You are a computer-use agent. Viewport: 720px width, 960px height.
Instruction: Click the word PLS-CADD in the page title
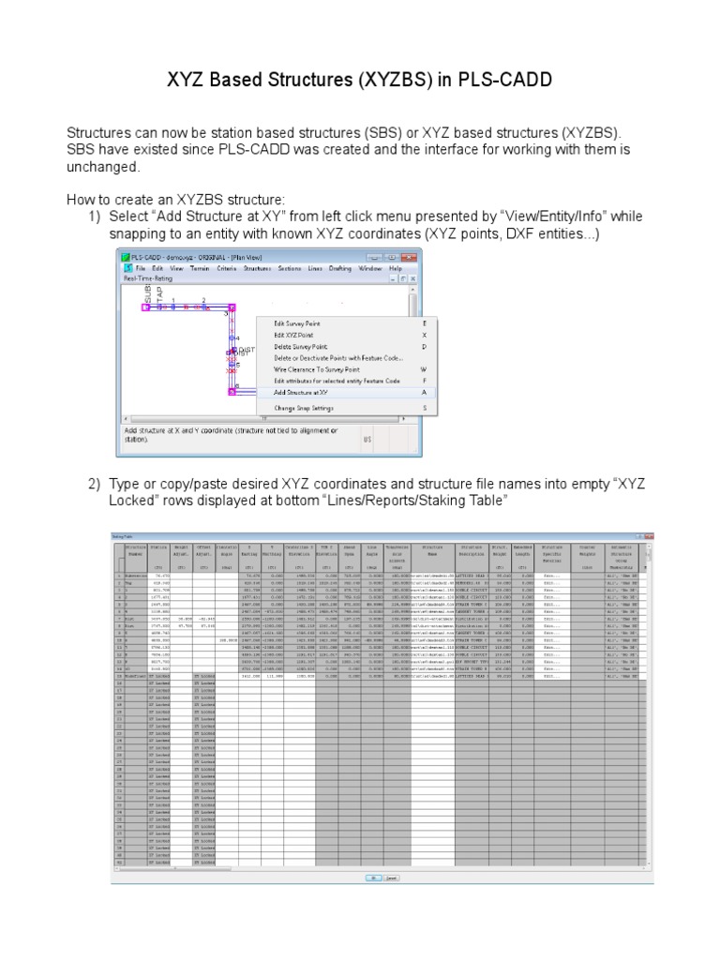tap(499, 82)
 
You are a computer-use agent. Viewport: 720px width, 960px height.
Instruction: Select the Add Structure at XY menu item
tap(300, 393)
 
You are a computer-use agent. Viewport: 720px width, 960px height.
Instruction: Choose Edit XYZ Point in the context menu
tap(293, 335)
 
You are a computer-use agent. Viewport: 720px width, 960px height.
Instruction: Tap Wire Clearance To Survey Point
tap(317, 369)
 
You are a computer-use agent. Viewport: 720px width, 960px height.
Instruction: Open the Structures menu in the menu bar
tap(257, 268)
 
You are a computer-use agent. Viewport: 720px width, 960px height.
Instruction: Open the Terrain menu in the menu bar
tap(200, 268)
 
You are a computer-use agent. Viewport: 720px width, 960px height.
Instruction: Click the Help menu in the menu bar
tap(396, 268)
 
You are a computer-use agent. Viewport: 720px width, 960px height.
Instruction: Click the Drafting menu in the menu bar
tap(340, 268)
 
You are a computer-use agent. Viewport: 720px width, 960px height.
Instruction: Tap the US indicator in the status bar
tap(368, 438)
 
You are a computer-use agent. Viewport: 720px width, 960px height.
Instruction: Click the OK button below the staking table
tap(372, 877)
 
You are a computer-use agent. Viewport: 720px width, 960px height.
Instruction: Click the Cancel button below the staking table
tap(391, 877)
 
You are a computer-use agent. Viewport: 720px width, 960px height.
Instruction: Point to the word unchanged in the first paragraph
tap(102, 167)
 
